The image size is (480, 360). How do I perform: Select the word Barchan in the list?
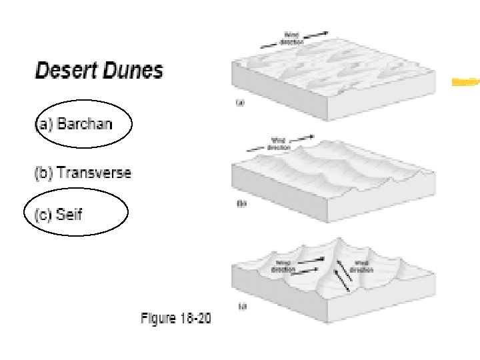85,124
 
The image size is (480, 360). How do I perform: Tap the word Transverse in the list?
95,173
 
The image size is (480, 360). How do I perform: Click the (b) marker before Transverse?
43,173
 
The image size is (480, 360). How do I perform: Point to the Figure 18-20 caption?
176,319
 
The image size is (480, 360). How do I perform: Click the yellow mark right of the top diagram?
465,82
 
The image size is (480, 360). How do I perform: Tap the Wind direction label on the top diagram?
293,37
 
